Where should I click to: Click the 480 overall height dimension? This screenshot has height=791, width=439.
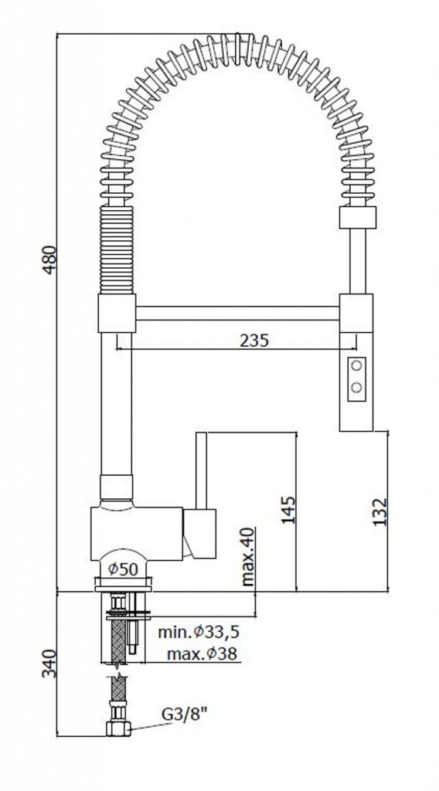coord(49,260)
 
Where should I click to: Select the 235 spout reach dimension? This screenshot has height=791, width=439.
coord(254,341)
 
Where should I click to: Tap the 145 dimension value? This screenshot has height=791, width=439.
coord(288,510)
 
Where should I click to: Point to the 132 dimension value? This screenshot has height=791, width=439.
coord(379,512)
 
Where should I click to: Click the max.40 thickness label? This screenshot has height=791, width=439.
coord(248,556)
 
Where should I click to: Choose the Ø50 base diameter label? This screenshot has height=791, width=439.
coord(123,569)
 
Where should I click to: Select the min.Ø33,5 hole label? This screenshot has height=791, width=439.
coord(199,632)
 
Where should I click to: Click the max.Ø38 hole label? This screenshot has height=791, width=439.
coord(202,654)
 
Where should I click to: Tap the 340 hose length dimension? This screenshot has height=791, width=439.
coord(49,664)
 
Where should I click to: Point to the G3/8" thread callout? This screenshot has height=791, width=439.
coord(185,715)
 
